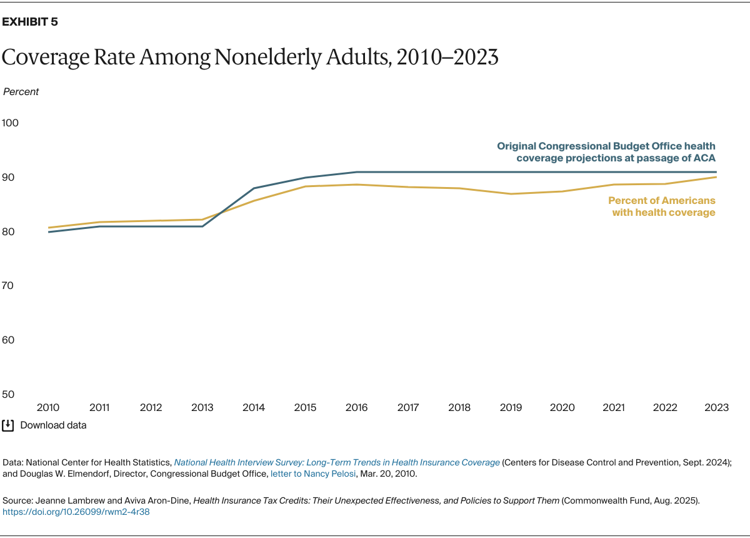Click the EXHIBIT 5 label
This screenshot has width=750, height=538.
pos(30,22)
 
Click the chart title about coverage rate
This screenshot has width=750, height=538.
pos(250,57)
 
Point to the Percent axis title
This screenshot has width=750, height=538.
pos(21,91)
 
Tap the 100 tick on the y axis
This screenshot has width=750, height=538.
pos(11,123)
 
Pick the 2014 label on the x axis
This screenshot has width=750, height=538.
pos(254,407)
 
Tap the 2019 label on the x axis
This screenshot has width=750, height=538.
pos(511,407)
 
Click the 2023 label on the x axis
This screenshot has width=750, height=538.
pos(716,407)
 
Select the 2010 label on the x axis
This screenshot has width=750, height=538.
pos(48,407)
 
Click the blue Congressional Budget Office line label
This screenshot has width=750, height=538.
pos(606,152)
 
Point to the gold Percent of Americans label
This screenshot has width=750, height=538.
pos(662,206)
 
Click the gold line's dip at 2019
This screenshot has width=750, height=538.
pos(511,194)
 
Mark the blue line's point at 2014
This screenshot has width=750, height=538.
pos(254,188)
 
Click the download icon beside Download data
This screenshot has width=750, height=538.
pos(8,425)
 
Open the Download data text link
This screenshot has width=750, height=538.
pos(53,425)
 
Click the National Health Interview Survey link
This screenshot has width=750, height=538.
pos(337,462)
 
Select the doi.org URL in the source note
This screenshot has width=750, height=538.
pos(76,512)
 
